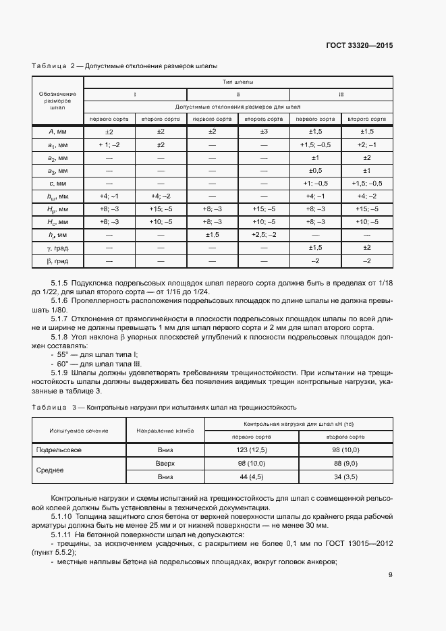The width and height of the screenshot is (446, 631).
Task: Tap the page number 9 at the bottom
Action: point(391,575)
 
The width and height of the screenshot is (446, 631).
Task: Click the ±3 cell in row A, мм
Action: point(264,132)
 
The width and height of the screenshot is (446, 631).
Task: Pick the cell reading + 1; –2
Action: point(109,144)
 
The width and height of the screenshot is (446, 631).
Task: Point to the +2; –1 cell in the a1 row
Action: point(367,144)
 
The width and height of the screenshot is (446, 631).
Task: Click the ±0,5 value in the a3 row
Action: point(315,170)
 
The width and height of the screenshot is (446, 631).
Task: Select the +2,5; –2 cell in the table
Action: point(264,234)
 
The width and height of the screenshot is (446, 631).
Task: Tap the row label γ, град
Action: point(57,248)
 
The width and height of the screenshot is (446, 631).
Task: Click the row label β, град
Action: point(57,260)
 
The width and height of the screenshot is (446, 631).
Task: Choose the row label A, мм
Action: point(57,132)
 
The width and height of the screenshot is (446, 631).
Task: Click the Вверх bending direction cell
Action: point(165,463)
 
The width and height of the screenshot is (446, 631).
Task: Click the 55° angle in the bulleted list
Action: point(63,354)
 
